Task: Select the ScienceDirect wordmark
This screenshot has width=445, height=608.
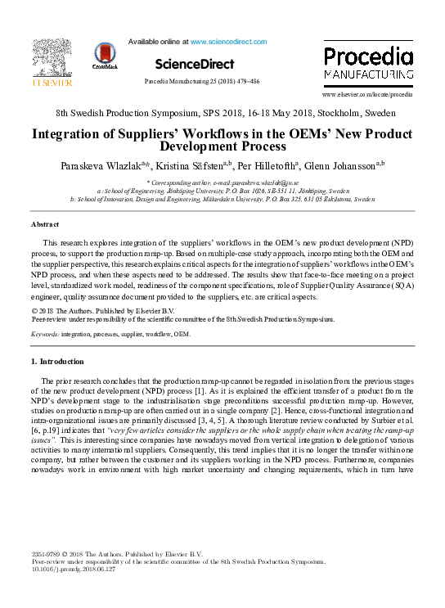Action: (x=194, y=64)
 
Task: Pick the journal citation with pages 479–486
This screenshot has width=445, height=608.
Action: (x=201, y=82)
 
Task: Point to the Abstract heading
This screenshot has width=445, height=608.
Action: (x=45, y=223)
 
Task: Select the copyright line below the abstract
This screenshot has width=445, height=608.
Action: (x=102, y=311)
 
